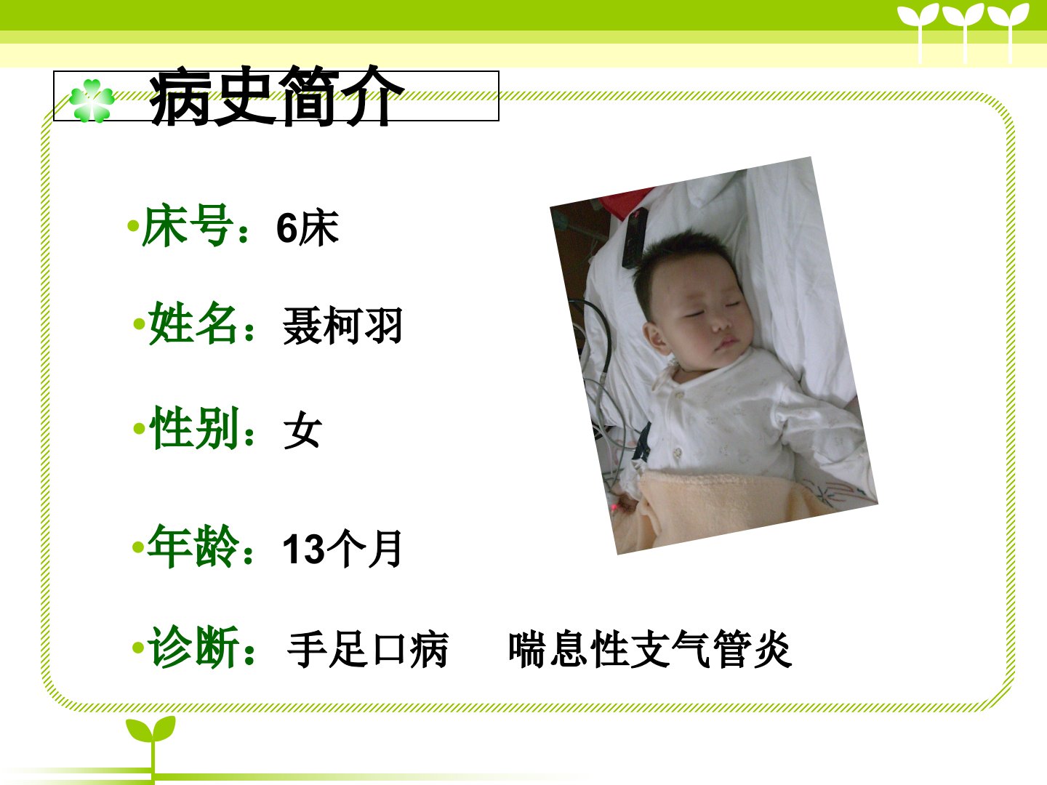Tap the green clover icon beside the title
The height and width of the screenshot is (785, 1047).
tap(92, 101)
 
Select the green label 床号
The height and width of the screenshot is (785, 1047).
tap(188, 225)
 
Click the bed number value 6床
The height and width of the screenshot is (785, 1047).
tap(308, 228)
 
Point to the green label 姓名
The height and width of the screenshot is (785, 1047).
tap(193, 323)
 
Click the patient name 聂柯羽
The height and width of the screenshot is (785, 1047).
tap(342, 326)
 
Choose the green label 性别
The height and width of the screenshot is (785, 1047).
tap(193, 427)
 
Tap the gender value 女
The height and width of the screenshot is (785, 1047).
tap(302, 430)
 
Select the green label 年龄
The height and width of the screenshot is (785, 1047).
tap(193, 546)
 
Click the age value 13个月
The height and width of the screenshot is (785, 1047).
tap(342, 549)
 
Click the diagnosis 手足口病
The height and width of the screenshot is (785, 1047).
tap(368, 650)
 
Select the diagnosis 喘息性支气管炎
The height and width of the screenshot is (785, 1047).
tap(650, 649)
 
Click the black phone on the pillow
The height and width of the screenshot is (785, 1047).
tap(635, 238)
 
